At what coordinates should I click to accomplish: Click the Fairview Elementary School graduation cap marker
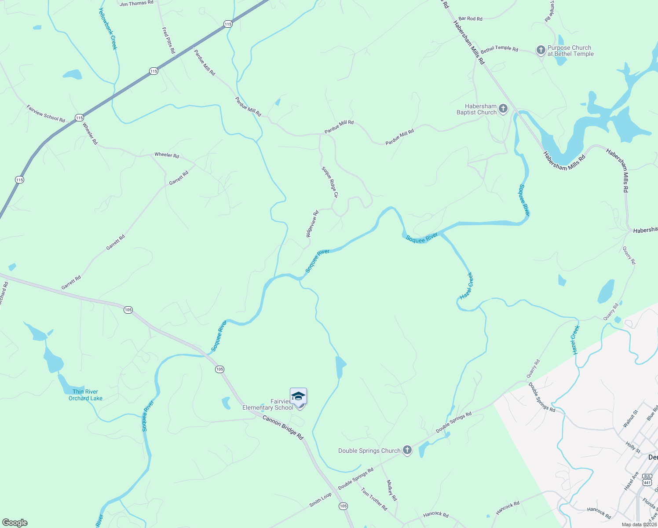click(298, 397)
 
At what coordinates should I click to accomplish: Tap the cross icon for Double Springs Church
click(407, 450)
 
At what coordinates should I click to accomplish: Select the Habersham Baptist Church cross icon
click(503, 109)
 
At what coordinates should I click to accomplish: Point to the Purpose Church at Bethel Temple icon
click(541, 50)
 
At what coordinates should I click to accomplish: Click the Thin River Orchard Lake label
click(85, 395)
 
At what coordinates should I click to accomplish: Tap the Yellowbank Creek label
click(108, 29)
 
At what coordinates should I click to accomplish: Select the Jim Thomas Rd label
click(137, 3)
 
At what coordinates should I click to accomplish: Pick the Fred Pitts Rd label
click(168, 40)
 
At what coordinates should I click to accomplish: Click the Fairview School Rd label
click(46, 114)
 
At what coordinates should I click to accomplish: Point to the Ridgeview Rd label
click(312, 224)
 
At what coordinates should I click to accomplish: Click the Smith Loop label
click(320, 500)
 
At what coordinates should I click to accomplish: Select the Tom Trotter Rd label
click(374, 499)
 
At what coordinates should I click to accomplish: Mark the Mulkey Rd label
click(391, 490)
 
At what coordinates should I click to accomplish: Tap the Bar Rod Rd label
click(470, 19)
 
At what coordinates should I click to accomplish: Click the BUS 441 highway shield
click(647, 480)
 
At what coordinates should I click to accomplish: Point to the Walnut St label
click(630, 419)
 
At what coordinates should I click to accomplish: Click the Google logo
click(15, 523)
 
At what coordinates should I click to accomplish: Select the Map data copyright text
click(639, 524)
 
